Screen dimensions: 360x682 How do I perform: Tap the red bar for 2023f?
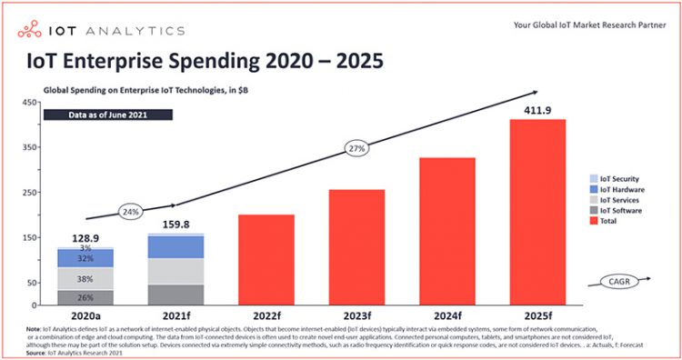click(356, 248)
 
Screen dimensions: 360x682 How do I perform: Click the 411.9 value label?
click(537, 110)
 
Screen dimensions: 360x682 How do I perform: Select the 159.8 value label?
click(176, 224)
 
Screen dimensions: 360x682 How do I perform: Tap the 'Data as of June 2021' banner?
click(108, 115)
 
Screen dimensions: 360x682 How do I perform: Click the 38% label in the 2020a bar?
click(85, 279)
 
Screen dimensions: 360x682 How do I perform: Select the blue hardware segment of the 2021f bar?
click(176, 247)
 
